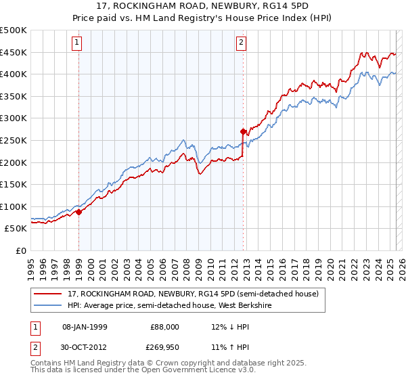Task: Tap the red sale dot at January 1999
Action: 78,212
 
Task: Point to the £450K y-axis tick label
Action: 14,53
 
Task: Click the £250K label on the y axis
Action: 14,140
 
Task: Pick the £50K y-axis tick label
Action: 16,229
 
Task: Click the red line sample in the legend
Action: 49,293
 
